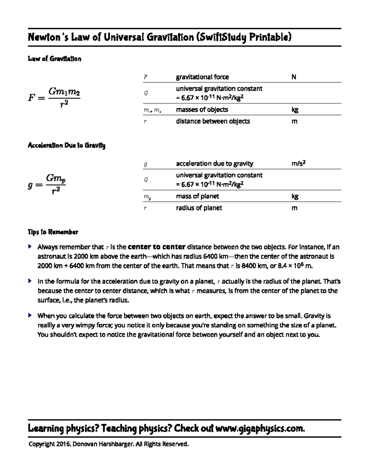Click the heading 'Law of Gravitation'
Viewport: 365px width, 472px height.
point(54,59)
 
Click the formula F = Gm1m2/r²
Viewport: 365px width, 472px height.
point(54,97)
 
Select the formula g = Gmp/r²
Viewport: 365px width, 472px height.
point(47,184)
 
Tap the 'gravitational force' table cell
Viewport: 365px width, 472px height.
point(202,77)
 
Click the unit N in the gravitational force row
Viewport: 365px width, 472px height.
point(294,77)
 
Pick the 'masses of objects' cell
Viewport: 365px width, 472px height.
point(202,109)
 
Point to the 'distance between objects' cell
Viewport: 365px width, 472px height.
point(213,121)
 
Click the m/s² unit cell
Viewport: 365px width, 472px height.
point(298,164)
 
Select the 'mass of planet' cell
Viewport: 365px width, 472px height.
point(197,196)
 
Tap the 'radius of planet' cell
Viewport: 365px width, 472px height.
point(199,208)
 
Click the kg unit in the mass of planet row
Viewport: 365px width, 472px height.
point(295,196)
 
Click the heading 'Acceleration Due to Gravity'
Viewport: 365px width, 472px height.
point(66,145)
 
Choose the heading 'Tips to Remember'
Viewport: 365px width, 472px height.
point(53,232)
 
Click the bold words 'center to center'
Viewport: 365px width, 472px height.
point(157,246)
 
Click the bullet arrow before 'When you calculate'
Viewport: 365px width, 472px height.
point(30,315)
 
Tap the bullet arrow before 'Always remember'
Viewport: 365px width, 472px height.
point(30,246)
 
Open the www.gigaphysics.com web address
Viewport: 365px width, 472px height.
point(260,429)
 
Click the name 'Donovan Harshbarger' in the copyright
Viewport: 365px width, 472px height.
point(103,444)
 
